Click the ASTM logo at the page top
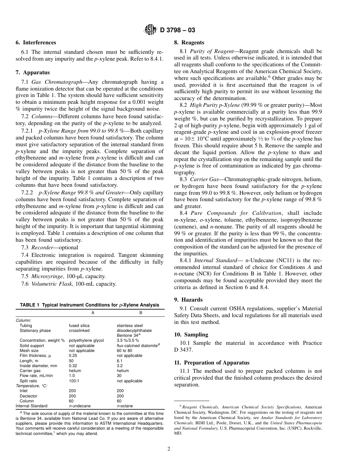pyautogui.click(x=151, y=30)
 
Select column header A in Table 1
pyautogui.click(x=93, y=313)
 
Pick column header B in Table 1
pyautogui.click(x=141, y=313)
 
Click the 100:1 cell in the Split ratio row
pyautogui.click(x=74, y=381)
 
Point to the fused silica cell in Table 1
pyautogui.click(x=79, y=325)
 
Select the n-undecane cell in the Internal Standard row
pyautogui.click(x=80, y=406)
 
